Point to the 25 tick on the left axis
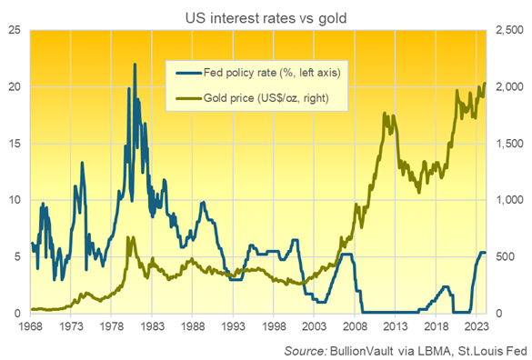(x=15, y=30)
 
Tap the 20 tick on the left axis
(x=15, y=86)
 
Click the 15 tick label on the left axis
(x=15, y=144)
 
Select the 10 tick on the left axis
(x=15, y=200)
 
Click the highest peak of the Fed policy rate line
(x=135, y=65)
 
